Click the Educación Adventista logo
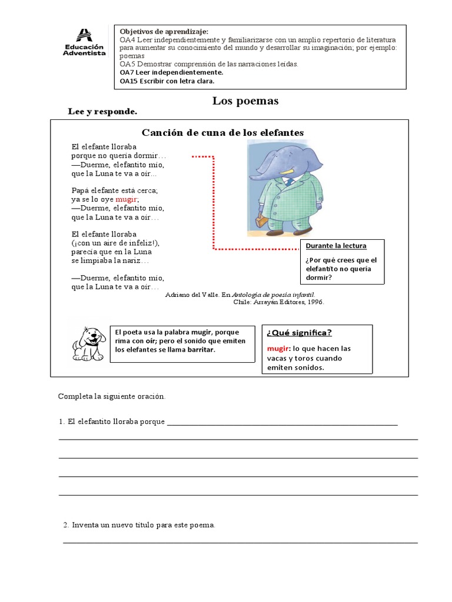click(84, 43)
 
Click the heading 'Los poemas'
click(245, 101)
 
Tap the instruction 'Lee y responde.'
click(103, 111)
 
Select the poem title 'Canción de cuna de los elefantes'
click(223, 132)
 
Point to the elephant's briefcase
click(261, 223)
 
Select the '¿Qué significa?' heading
click(299, 333)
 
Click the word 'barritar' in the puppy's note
click(200, 350)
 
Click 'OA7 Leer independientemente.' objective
click(171, 72)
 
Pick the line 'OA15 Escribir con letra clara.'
click(167, 81)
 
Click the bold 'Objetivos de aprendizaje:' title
click(164, 31)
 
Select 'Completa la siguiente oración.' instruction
click(112, 396)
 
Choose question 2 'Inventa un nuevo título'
click(143, 524)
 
